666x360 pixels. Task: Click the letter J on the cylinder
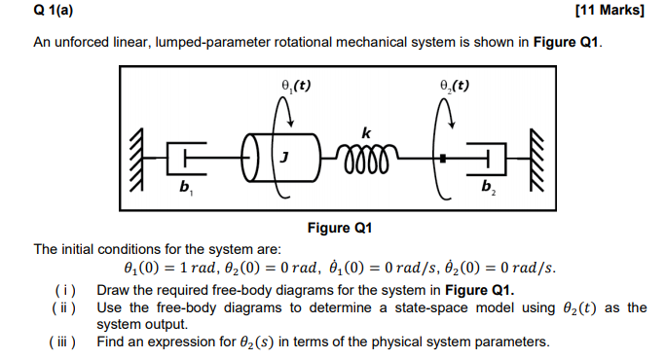pyautogui.click(x=284, y=156)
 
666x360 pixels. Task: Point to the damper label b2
pyautogui.click(x=489, y=187)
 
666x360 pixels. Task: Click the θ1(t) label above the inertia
pyautogui.click(x=292, y=85)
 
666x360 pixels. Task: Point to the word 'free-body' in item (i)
pyautogui.click(x=234, y=291)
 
